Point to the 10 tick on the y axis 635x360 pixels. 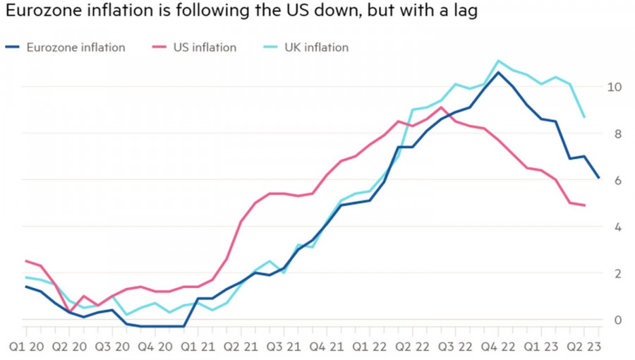click(x=614, y=86)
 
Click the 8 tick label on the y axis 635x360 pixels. click(x=617, y=133)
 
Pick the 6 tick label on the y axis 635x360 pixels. click(x=617, y=180)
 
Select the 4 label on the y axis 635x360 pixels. click(x=617, y=227)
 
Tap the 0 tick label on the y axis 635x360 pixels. click(x=617, y=320)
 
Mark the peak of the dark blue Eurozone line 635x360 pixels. click(x=498, y=72)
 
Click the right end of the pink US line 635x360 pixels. click(x=585, y=205)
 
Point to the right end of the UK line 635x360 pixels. click(x=585, y=116)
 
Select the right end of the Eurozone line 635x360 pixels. click(x=599, y=178)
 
